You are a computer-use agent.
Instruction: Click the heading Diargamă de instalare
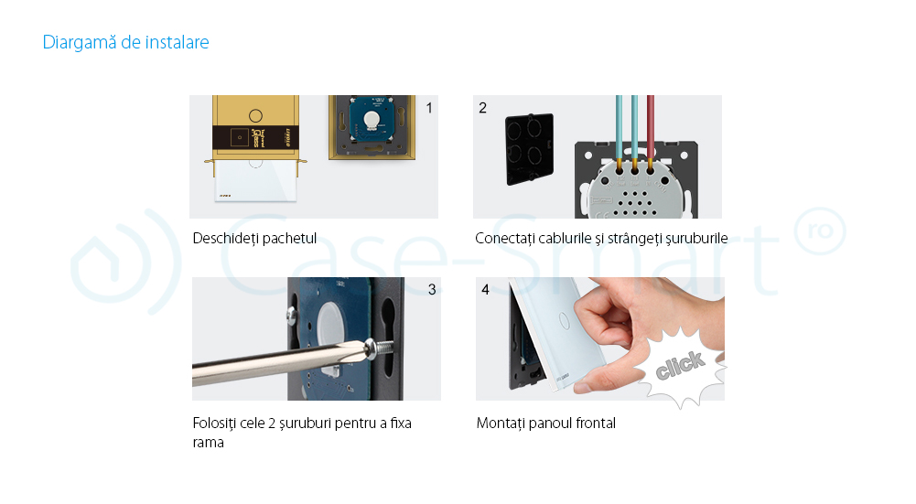(x=125, y=42)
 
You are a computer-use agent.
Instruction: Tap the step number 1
(x=429, y=108)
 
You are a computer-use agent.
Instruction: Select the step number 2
(x=482, y=108)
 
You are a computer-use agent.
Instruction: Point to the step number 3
(x=432, y=290)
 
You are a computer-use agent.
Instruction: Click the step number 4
(x=485, y=290)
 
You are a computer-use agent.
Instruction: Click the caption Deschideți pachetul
(x=254, y=238)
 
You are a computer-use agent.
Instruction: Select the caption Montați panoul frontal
(x=546, y=423)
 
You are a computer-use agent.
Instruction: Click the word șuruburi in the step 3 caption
(x=304, y=424)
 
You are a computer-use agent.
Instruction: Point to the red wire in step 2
(x=651, y=127)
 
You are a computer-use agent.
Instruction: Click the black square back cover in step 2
(x=529, y=149)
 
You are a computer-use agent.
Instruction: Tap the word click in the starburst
(x=680, y=365)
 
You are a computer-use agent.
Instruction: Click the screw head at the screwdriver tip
(x=370, y=349)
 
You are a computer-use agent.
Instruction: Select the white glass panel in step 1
(x=255, y=180)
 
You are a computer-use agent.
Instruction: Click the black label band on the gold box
(x=256, y=137)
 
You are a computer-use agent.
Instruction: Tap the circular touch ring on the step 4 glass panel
(x=565, y=321)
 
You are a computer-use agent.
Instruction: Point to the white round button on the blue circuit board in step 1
(x=372, y=121)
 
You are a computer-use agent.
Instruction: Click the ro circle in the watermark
(x=820, y=231)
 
